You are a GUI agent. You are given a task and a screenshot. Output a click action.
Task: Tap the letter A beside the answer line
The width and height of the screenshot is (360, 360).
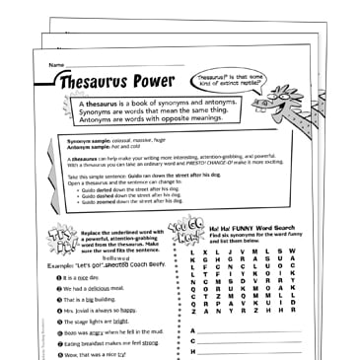tap(193, 329)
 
